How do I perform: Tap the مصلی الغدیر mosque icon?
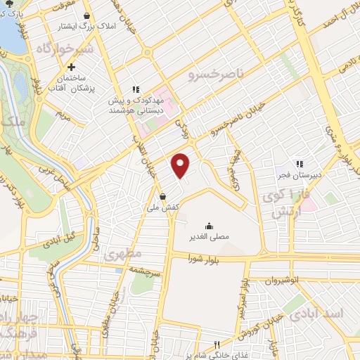click(209, 226)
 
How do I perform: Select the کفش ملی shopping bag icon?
click(163, 196)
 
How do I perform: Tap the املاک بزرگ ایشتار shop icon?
click(86, 15)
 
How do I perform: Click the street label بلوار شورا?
click(202, 259)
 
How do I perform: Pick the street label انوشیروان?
click(282, 280)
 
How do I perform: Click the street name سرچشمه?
click(146, 270)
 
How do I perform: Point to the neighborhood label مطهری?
click(123, 253)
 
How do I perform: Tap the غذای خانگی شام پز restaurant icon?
click(217, 344)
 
